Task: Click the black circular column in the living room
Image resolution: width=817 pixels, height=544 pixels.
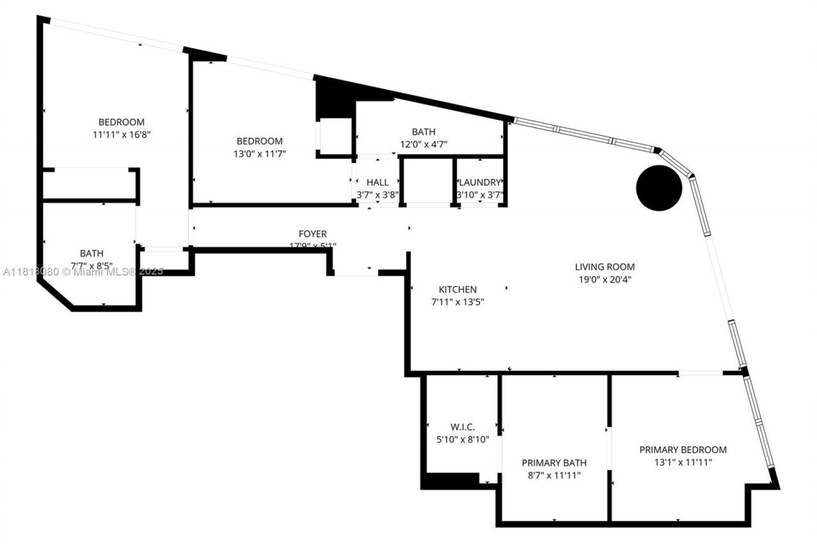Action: [x=659, y=187]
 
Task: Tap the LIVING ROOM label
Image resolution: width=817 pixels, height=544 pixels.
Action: [x=604, y=267]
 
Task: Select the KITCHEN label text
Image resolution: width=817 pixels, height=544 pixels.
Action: [x=457, y=290]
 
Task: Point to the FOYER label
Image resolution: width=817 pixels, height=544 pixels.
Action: [x=313, y=234]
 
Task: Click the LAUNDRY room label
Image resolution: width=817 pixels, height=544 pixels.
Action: [x=480, y=182]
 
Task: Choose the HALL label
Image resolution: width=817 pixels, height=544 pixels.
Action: [x=377, y=182]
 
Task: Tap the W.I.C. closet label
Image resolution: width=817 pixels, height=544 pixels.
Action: [x=462, y=427]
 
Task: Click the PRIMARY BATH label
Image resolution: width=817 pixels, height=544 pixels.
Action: [x=553, y=463]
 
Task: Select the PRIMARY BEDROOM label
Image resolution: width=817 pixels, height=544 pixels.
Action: [x=683, y=450]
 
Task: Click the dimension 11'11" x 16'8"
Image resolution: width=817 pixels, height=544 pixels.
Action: [x=121, y=135]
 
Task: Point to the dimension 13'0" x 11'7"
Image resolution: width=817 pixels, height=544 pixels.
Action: [x=259, y=154]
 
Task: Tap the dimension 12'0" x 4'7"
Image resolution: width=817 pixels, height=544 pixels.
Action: [x=424, y=144]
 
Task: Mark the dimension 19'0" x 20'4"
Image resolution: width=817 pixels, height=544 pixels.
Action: [x=604, y=279]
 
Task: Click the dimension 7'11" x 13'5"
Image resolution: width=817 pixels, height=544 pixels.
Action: [x=458, y=302]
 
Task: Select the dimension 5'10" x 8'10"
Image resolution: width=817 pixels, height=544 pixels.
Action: [x=462, y=439]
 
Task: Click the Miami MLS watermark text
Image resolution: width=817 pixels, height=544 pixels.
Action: [x=83, y=272]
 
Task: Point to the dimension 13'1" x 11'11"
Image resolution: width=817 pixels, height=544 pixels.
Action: [x=683, y=462]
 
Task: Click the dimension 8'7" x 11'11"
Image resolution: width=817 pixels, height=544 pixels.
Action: [x=553, y=475]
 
